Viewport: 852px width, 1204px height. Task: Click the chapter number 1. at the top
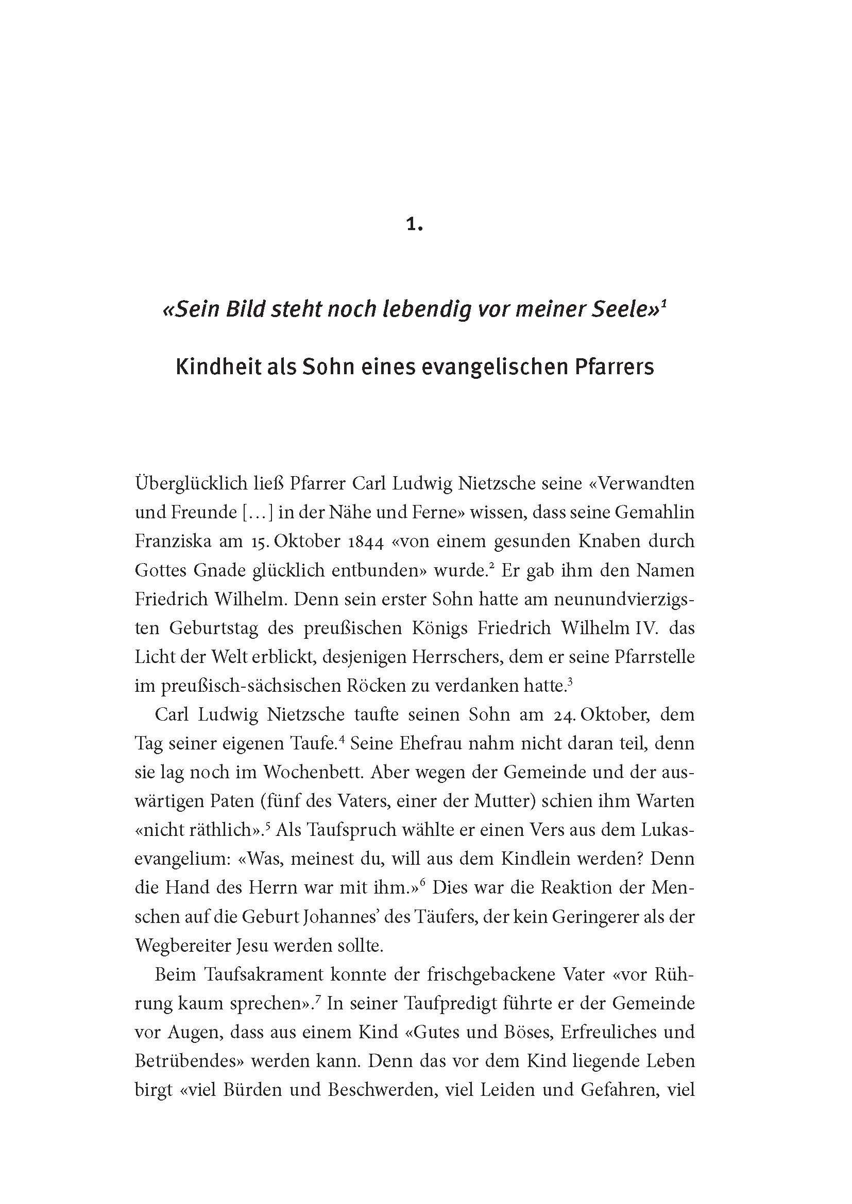(x=414, y=225)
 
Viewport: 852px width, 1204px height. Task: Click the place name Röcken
(x=373, y=686)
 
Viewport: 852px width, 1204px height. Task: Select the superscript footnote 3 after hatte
(x=570, y=680)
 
